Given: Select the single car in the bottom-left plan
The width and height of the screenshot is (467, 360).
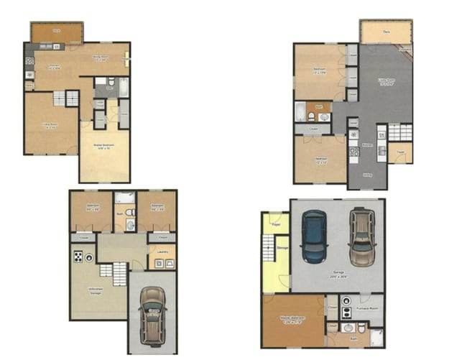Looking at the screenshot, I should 152,314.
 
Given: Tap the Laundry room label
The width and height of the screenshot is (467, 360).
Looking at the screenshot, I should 162,250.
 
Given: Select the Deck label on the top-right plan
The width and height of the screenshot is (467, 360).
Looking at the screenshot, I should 386,32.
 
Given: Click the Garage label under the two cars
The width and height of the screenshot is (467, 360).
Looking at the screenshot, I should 338,273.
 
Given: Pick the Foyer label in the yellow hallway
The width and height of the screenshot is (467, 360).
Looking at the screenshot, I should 276,223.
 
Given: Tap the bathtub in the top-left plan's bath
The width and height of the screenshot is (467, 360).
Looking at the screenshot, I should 122,88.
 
